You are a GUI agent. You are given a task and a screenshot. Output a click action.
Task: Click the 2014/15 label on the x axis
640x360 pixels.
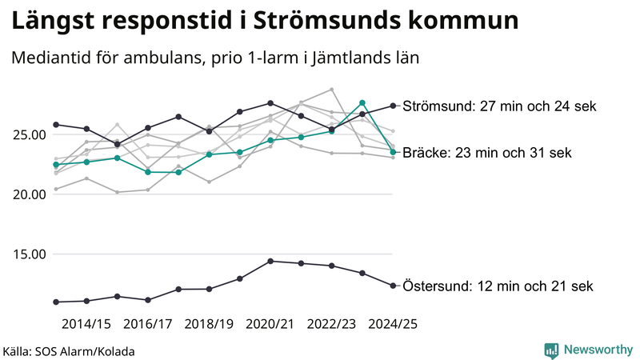pos(86,324)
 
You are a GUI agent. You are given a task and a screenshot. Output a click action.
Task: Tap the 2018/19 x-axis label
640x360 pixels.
pos(209,324)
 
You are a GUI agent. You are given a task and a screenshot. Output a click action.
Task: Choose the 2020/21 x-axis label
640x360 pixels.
pos(270,324)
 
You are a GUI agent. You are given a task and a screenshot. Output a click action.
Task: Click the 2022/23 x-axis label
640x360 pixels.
pos(332,324)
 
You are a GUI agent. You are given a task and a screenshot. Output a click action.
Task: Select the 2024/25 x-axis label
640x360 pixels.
pos(393,324)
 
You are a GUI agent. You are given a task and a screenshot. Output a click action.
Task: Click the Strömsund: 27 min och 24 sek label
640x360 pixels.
pos(500,106)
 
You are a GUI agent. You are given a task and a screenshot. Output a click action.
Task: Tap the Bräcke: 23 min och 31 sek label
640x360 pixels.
pos(487,153)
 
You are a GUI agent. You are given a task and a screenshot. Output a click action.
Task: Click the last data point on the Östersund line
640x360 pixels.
pos(393,286)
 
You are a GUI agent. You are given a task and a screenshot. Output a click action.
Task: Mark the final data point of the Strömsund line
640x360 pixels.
pos(393,106)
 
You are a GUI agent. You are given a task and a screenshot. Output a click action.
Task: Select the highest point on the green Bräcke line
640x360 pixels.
pos(362,102)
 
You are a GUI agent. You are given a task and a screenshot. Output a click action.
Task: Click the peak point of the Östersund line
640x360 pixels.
pos(270,261)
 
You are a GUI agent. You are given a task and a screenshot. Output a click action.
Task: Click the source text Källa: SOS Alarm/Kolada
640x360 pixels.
pos(69,351)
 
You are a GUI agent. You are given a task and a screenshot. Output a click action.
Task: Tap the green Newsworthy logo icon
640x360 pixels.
pos(551,350)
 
